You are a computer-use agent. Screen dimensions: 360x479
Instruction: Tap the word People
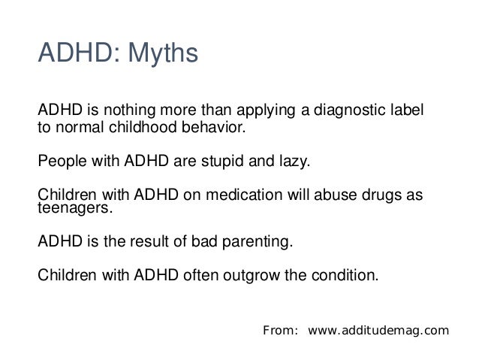click(59, 162)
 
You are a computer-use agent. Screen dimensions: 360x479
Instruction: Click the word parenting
click(258, 243)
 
